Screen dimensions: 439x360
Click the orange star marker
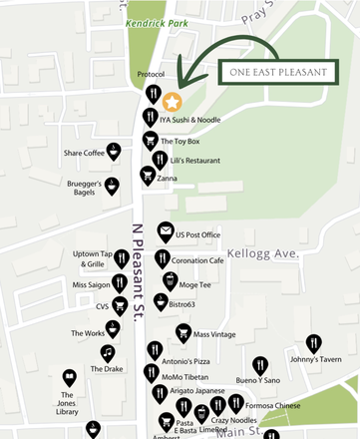pos(172,102)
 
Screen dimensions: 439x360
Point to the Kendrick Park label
pos(156,21)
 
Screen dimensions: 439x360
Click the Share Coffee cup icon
pos(116,152)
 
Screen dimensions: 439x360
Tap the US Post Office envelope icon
pos(165,233)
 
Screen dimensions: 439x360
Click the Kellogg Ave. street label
pos(263,254)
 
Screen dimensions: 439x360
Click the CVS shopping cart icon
pos(121,305)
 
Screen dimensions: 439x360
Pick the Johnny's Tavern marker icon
pos(314,343)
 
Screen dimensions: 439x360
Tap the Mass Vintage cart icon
pos(183,332)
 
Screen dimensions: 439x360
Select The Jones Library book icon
pos(69,378)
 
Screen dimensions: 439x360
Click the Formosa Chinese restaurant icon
pos(236,403)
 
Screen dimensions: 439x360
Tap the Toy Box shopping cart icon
pos(150,140)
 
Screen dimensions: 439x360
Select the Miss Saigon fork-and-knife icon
pos(121,283)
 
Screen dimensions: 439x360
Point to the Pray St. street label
pos(258,16)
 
